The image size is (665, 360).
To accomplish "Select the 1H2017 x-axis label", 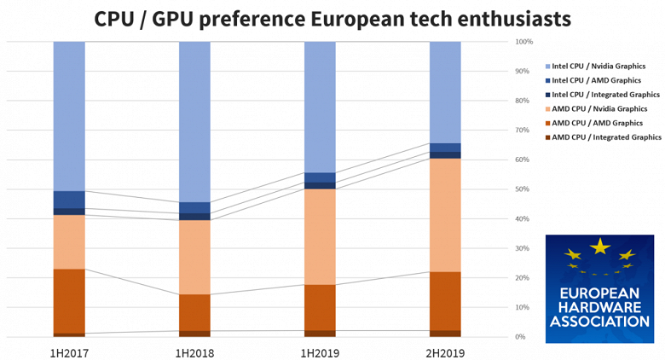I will tap(69, 351).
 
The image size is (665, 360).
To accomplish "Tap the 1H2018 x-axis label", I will tap(194, 351).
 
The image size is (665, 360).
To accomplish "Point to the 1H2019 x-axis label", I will tap(320, 351).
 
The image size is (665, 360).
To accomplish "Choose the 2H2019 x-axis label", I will tap(445, 351).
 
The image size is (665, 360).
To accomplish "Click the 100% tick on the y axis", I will tap(524, 42).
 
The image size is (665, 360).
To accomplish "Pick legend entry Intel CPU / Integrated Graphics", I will tap(606, 95).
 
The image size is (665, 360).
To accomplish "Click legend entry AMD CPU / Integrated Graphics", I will tap(606, 136).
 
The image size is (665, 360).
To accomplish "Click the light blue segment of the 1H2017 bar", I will tap(69, 116).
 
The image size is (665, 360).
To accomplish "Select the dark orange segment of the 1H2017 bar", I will tap(69, 300).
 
